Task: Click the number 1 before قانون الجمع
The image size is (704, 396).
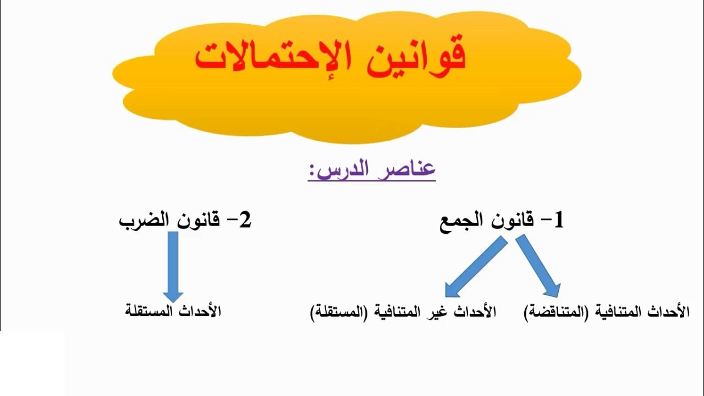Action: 559,221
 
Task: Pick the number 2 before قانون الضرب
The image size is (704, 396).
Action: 245,221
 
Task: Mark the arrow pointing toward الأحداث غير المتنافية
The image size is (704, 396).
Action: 475,267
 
